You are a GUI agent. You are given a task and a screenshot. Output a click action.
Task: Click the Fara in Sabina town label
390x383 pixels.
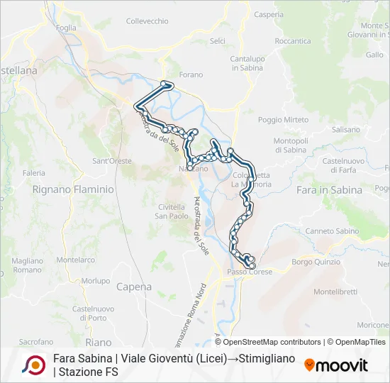pos(329,190)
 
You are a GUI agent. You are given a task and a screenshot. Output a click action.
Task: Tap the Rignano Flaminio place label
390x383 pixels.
pos(73,189)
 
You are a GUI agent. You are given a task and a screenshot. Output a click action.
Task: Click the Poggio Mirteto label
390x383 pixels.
pos(283,120)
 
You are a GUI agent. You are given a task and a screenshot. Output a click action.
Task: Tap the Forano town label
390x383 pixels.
pos(191,74)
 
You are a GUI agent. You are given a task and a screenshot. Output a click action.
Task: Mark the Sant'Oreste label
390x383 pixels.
pos(112,161)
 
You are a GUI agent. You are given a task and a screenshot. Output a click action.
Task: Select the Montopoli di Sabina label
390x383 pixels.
pos(290,145)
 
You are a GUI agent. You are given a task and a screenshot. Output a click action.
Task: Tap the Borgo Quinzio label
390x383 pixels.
pos(316,262)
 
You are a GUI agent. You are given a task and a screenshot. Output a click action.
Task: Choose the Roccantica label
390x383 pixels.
pos(293,41)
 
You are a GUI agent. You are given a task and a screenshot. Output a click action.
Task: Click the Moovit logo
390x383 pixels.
pos(336,365)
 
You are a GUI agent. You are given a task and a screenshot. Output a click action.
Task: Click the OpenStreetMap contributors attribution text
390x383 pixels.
pos(272,342)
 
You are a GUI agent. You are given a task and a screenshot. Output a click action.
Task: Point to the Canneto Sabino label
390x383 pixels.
pos(332,231)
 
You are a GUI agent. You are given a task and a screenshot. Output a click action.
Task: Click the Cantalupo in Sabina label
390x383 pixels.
pos(247,62)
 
